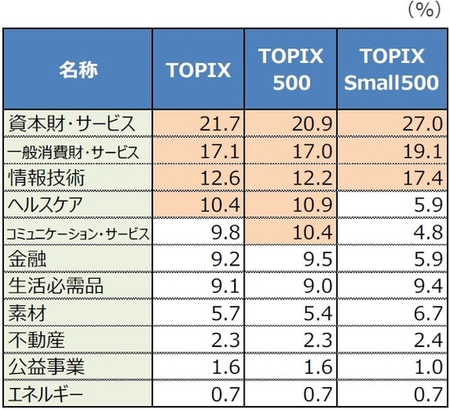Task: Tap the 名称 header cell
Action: click(78, 70)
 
